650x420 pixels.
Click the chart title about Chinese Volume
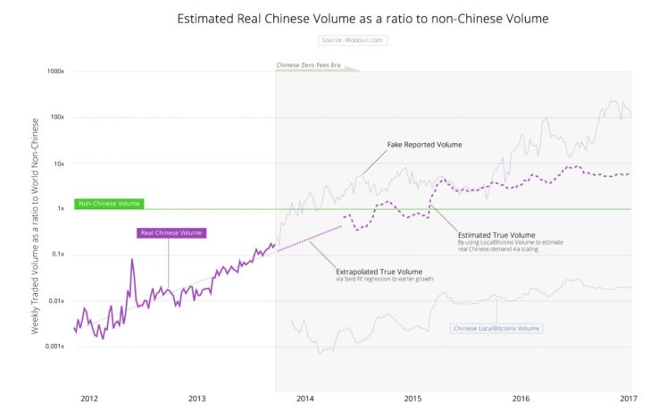click(x=362, y=18)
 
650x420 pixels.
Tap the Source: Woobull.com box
click(x=353, y=40)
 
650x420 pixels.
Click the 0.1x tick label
click(x=60, y=255)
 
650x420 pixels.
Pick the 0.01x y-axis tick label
click(x=58, y=301)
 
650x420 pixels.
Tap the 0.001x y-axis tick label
click(x=56, y=347)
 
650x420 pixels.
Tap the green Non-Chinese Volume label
click(x=109, y=204)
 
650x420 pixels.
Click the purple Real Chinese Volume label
click(x=171, y=233)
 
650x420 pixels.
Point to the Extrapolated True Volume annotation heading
click(x=379, y=272)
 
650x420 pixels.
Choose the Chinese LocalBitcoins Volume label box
click(x=497, y=329)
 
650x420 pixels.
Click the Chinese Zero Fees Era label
click(x=310, y=65)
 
